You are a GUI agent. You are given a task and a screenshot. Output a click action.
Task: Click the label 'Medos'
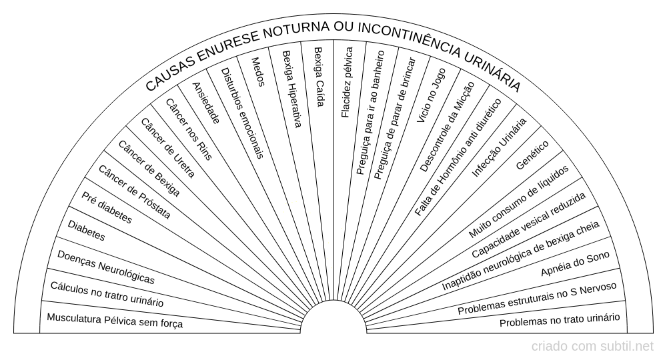pyautogui.click(x=258, y=72)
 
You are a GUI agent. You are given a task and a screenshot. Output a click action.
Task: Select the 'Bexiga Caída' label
pyautogui.click(x=319, y=77)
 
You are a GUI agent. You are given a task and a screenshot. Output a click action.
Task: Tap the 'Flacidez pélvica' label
pyautogui.click(x=347, y=83)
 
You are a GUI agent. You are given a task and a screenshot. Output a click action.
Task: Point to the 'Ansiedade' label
pyautogui.click(x=206, y=103)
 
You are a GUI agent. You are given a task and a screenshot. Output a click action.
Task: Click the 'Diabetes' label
pyautogui.click(x=86, y=231)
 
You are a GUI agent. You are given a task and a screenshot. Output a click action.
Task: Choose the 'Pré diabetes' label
pyautogui.click(x=107, y=207)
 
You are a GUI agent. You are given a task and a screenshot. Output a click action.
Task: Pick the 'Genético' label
pyautogui.click(x=532, y=155)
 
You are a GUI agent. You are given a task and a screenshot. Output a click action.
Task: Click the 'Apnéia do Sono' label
pyautogui.click(x=575, y=263)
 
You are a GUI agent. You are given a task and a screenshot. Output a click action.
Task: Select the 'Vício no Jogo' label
pyautogui.click(x=431, y=95)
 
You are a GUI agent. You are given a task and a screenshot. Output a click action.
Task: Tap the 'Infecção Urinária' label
pyautogui.click(x=500, y=147)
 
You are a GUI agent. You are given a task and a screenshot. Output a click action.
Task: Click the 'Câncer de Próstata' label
pyautogui.click(x=135, y=192)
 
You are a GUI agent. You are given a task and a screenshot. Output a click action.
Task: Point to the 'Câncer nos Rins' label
pyautogui.click(x=189, y=129)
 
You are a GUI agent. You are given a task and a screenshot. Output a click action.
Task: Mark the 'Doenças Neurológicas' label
pyautogui.click(x=106, y=267)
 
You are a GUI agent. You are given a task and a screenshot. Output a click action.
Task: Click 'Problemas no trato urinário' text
pyautogui.click(x=560, y=319)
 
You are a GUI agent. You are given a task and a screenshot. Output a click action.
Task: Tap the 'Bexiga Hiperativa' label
pyautogui.click(x=292, y=89)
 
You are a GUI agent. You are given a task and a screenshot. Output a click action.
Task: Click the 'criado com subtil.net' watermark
pyautogui.click(x=592, y=347)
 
